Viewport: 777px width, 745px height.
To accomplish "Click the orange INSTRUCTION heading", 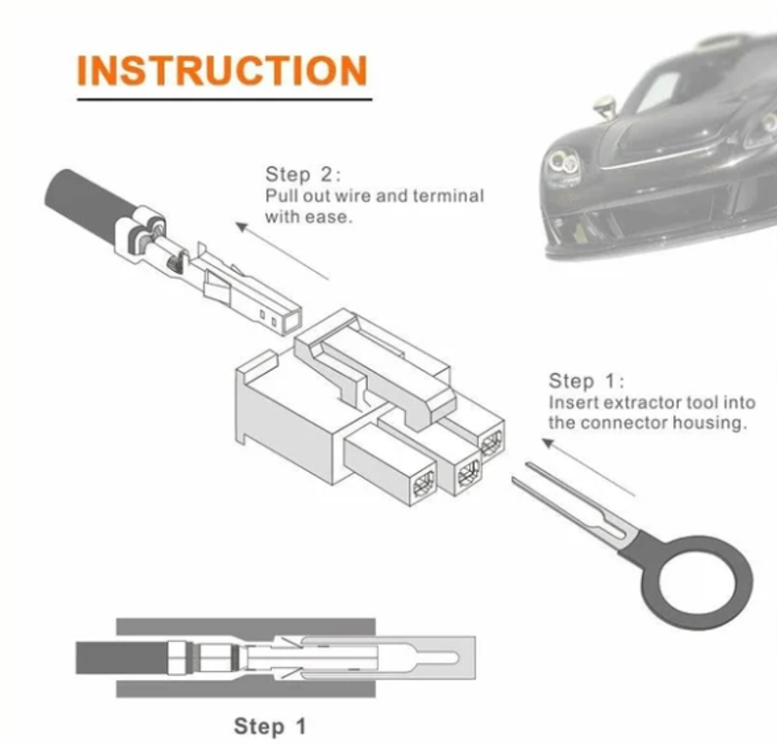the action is tap(222, 70).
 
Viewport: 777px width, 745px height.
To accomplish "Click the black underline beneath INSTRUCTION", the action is tap(224, 99).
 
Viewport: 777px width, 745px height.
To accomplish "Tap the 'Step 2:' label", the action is tap(303, 175).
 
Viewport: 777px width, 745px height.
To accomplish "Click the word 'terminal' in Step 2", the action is tap(448, 196).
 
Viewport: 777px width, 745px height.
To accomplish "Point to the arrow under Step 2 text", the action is tap(282, 252).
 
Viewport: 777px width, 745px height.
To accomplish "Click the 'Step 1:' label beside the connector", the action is tap(587, 381).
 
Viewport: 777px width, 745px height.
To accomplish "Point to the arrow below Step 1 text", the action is tap(588, 467).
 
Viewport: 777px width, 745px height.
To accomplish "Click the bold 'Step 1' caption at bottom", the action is tap(270, 727).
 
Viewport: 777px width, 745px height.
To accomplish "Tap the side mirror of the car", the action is tap(605, 106).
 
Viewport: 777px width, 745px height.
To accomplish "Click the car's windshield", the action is tap(659, 91).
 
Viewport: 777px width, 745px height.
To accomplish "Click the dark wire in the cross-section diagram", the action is tap(121, 658).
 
